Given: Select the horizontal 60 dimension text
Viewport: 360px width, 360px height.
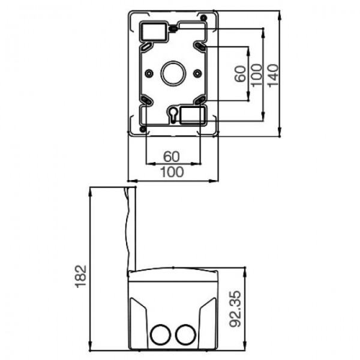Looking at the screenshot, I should coord(172,157).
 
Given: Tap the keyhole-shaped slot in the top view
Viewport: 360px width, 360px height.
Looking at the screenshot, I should coord(173,114).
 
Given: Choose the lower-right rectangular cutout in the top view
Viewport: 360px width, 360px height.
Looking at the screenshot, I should coord(193,113).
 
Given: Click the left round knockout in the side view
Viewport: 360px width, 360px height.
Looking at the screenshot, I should coord(161,333).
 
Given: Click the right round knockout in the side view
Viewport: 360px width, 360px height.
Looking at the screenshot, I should coord(185,333).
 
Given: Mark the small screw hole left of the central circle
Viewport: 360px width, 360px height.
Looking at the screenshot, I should coord(148,73).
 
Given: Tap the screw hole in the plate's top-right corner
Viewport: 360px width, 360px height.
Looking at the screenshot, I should coord(204,16).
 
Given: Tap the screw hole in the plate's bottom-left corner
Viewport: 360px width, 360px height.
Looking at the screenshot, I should coord(142,128).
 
